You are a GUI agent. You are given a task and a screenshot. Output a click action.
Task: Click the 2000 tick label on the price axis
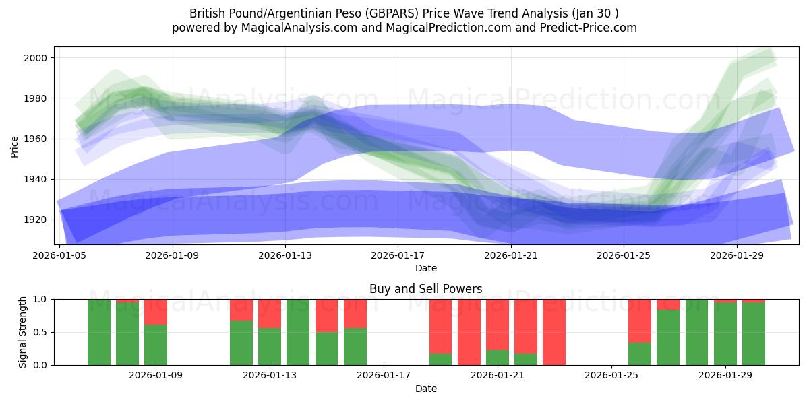(36, 58)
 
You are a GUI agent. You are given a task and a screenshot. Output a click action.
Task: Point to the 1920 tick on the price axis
(36, 220)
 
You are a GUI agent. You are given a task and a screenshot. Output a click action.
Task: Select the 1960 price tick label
(36, 139)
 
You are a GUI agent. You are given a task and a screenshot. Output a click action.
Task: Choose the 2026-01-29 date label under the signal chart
(725, 375)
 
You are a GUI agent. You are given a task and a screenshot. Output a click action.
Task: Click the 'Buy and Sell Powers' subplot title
(425, 289)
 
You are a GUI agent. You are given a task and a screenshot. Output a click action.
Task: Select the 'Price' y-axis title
(15, 145)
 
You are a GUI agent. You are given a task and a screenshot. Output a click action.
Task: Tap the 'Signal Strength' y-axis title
(23, 332)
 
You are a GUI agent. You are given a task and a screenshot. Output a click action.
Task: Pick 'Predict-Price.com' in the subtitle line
(584, 28)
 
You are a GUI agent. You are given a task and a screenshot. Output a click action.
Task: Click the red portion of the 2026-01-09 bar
(156, 311)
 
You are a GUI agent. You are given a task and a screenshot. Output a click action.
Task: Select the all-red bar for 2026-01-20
(469, 332)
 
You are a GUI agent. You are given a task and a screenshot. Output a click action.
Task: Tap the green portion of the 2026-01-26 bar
(640, 353)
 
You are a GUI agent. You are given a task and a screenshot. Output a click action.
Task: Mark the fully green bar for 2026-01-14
(298, 332)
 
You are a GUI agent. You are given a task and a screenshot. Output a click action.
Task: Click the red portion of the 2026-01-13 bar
(270, 313)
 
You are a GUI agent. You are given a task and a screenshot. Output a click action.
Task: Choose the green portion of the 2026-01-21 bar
(498, 358)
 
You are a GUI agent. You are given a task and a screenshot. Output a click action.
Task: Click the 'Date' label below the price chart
(425, 268)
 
